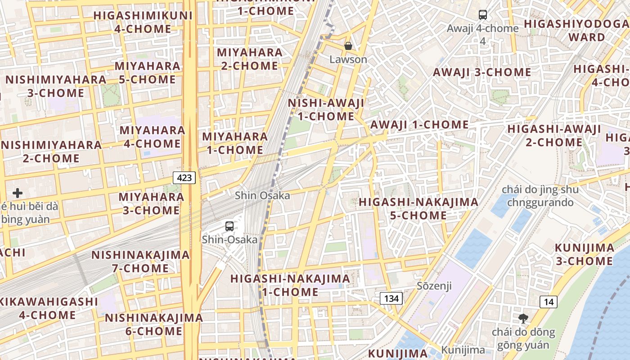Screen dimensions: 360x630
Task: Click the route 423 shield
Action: (184, 177)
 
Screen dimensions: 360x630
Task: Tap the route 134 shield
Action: (391, 298)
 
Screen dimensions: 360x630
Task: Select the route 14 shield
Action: (548, 301)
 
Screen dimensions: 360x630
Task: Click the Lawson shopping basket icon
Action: (348, 46)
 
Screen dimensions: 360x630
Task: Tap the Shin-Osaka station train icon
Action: (229, 226)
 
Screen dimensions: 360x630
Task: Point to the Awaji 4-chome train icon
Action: (483, 15)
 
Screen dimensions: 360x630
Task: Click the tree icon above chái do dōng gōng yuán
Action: (523, 319)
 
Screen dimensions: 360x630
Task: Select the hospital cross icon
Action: (18, 193)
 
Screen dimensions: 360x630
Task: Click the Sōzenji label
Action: (434, 286)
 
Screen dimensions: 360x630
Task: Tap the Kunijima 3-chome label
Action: (584, 254)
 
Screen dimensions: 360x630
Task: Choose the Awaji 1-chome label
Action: (419, 125)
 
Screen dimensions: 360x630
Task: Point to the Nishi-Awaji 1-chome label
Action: (326, 109)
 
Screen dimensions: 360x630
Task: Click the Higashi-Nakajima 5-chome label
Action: (418, 208)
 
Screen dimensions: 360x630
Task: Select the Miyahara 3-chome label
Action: (151, 203)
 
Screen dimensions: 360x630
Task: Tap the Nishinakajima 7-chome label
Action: (140, 261)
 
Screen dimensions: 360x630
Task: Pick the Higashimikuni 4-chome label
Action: (143, 22)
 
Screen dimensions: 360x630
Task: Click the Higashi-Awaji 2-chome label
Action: (554, 135)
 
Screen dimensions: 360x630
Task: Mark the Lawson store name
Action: (348, 59)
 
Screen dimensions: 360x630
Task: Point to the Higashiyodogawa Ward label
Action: (576, 30)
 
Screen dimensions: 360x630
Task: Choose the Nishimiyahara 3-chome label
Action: (56, 86)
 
